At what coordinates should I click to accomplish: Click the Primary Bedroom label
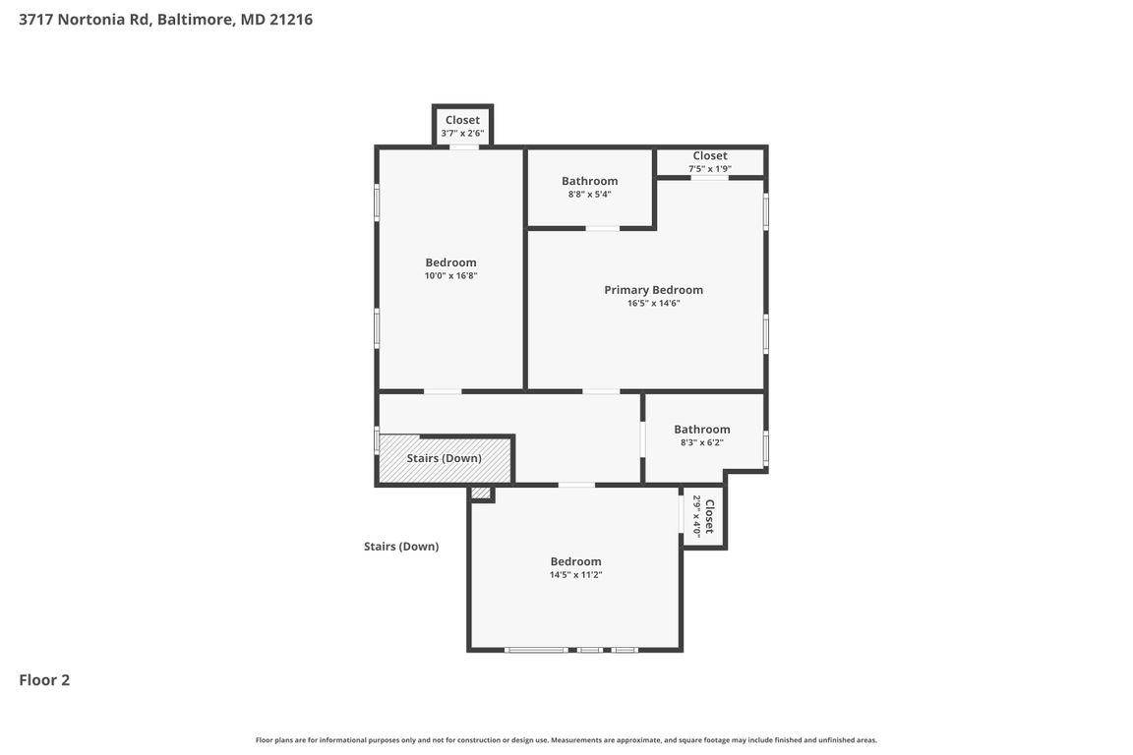(x=653, y=290)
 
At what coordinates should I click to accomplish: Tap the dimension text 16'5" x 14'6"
(x=653, y=304)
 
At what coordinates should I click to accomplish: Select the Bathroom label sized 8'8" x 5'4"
(x=589, y=181)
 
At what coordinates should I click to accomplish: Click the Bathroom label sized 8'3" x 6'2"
(x=701, y=430)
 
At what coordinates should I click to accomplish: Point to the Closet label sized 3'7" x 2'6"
(x=462, y=120)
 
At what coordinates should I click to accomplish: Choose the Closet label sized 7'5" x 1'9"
(x=709, y=155)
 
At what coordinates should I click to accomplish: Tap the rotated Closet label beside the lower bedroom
(x=709, y=516)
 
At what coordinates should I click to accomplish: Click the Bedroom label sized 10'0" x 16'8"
(x=450, y=262)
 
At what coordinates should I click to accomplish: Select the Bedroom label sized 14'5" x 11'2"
(x=575, y=561)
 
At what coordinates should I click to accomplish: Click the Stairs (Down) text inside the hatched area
(x=444, y=458)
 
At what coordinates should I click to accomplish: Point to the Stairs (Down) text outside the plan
(x=401, y=547)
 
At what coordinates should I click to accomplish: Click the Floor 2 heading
(x=44, y=679)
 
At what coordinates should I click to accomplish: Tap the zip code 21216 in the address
(x=291, y=19)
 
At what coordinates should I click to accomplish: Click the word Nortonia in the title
(x=91, y=19)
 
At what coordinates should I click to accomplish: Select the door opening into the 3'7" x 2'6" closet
(x=464, y=147)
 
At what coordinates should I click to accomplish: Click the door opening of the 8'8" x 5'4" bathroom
(x=602, y=228)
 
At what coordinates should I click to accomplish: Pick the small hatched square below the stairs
(x=481, y=493)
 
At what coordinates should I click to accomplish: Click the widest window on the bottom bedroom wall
(x=536, y=650)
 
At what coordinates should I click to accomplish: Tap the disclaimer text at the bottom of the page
(x=566, y=740)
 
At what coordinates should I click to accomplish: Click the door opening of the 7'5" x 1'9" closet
(x=709, y=178)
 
